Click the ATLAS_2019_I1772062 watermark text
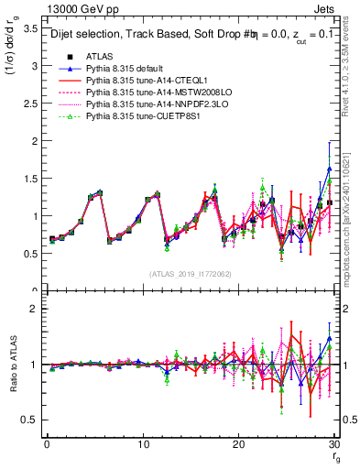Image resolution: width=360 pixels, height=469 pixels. (x=190, y=274)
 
